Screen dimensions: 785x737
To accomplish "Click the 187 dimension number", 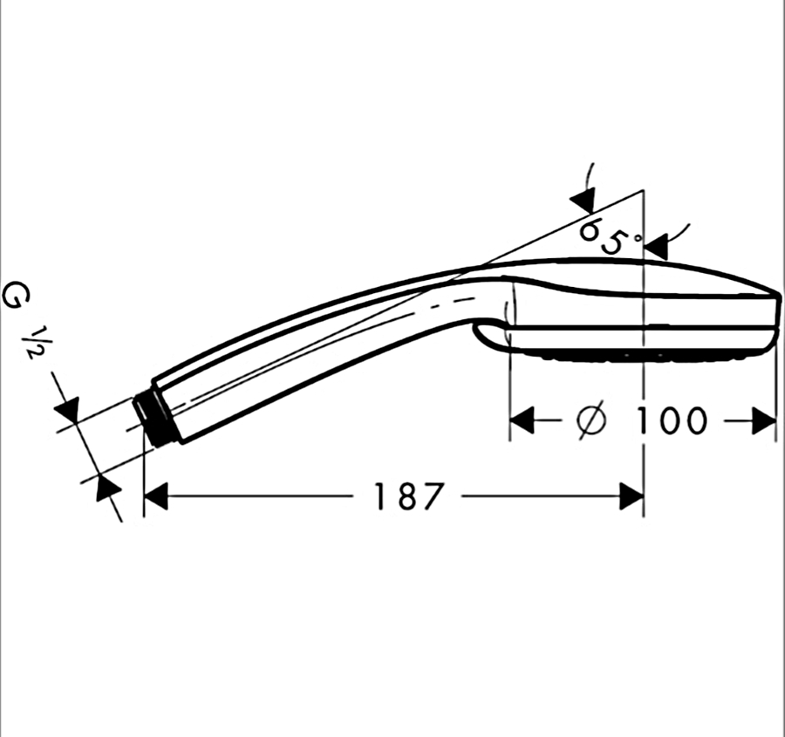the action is pos(409,496).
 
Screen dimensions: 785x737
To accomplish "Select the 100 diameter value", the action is pos(671,420).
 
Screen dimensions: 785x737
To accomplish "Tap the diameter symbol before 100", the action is pos(590,420).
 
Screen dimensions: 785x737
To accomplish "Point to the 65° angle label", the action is pos(608,235).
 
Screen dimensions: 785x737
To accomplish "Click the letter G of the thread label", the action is pos(16,296).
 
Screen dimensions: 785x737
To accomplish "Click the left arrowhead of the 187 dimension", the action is pos(155,496).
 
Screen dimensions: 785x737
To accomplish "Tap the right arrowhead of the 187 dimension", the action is pos(631,496).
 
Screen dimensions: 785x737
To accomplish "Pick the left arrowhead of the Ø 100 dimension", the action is pos(522,420).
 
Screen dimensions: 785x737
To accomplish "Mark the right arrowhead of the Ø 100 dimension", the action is pos(764,420).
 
